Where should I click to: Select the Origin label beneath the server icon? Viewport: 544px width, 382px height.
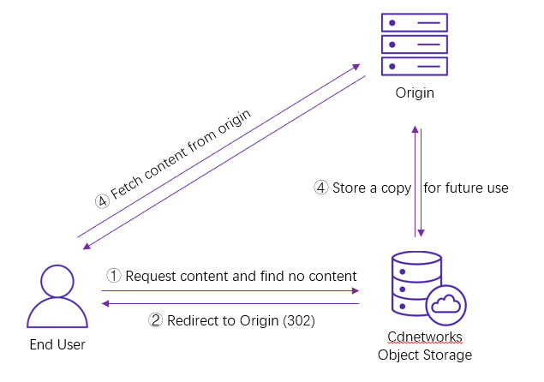[416, 92]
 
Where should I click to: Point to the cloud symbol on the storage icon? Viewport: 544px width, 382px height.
[445, 303]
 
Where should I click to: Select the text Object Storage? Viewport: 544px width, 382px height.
[425, 355]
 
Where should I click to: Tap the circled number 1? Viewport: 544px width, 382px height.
[115, 276]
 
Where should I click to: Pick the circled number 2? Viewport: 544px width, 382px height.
[156, 321]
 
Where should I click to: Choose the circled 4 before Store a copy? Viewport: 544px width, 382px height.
[320, 188]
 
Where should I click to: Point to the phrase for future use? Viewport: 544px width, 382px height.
[466, 188]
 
